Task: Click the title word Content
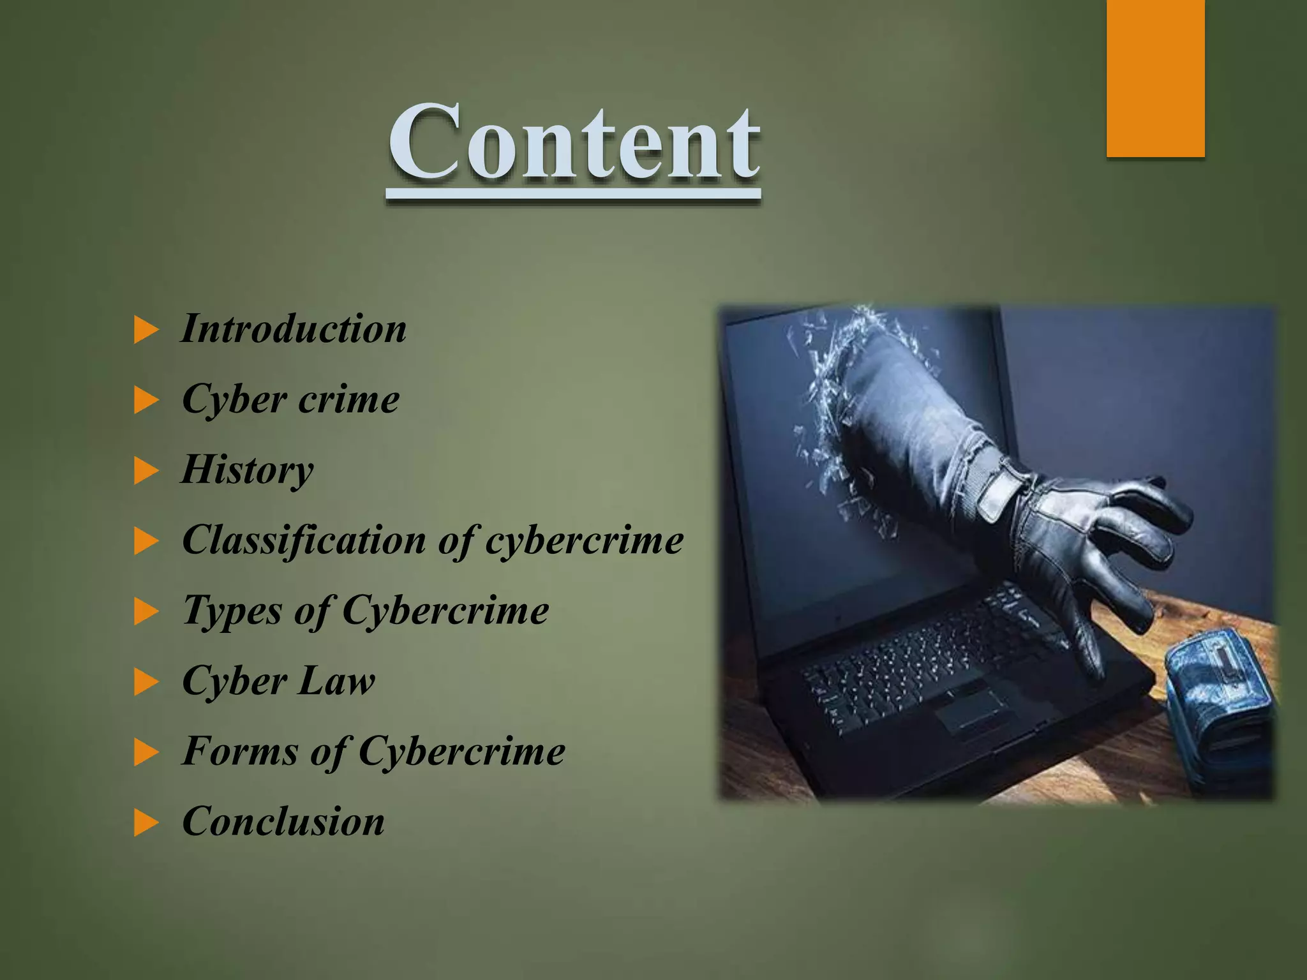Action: click(x=574, y=144)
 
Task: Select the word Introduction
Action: click(x=294, y=330)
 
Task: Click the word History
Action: click(x=248, y=471)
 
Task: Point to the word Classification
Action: click(x=304, y=541)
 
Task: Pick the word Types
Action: click(x=232, y=611)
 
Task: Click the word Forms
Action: click(x=240, y=751)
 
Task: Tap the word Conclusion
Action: click(x=283, y=821)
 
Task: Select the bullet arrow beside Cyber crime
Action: click(x=146, y=402)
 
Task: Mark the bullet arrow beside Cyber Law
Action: click(x=146, y=683)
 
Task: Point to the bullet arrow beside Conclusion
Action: click(x=146, y=823)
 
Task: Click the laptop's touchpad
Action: click(x=970, y=708)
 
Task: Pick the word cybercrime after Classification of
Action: click(x=584, y=541)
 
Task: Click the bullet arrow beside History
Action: click(x=146, y=472)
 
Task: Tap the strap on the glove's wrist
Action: click(x=1002, y=491)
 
